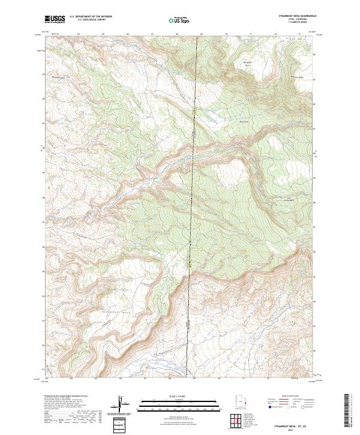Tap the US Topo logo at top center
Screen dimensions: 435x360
click(179, 20)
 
